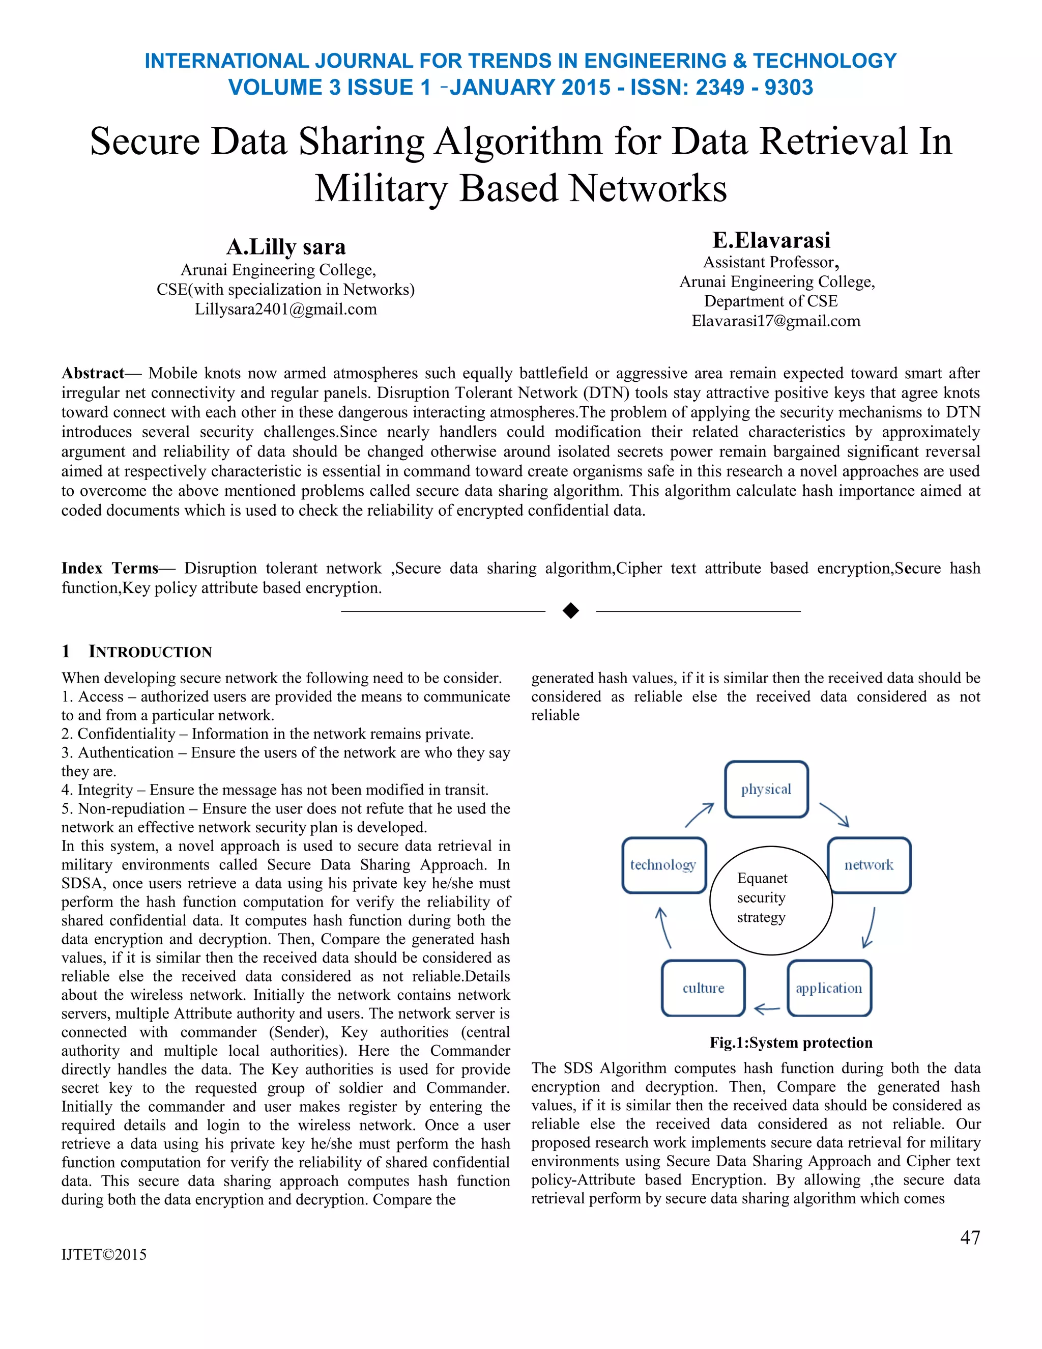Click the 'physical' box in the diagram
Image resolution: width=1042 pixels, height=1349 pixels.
766,790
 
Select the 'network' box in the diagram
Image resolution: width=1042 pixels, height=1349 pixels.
869,865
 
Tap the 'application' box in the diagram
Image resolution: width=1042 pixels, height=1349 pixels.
829,988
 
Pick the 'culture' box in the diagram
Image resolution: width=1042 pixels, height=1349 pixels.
703,988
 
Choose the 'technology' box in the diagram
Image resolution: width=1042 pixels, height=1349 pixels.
663,865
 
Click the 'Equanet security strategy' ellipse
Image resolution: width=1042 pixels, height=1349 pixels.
770,900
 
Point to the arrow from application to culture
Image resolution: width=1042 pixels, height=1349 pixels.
767,1008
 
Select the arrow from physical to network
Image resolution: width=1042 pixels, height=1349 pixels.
834,814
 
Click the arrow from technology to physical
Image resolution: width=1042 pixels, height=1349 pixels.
700,816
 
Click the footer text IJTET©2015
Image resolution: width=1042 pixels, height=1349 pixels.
104,1254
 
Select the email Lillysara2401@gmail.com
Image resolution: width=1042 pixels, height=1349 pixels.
285,309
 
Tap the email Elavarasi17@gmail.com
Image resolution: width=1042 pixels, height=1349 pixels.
775,321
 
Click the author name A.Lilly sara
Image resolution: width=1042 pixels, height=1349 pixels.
286,246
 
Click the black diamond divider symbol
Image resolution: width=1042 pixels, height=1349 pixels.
571,611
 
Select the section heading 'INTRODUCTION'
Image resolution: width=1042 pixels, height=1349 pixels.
150,652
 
